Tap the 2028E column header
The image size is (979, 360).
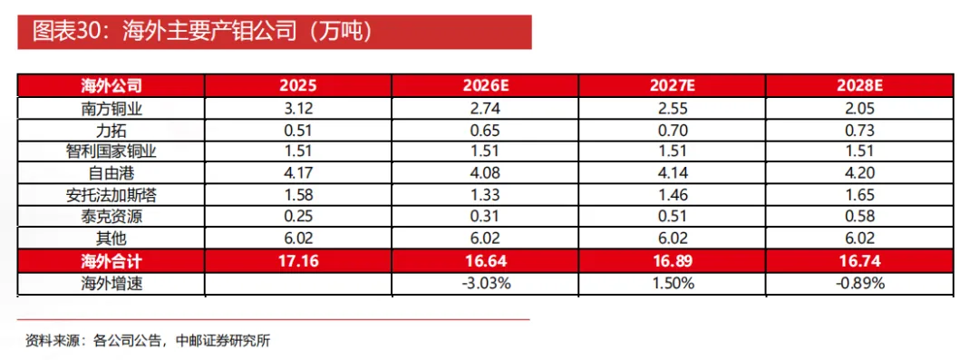tap(859, 85)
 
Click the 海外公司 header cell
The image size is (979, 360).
tap(111, 85)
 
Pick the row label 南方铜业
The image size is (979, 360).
tap(111, 108)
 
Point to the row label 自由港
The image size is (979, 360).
tap(111, 173)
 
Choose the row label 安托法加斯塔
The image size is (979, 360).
tap(111, 195)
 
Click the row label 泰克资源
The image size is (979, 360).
tap(111, 216)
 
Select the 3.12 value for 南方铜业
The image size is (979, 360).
tap(298, 109)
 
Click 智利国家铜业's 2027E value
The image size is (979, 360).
tap(673, 151)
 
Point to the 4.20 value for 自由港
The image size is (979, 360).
tap(859, 174)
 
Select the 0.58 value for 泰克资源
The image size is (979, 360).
tap(859, 217)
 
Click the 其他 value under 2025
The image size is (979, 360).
tap(298, 238)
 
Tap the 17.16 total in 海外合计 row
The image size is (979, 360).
tap(298, 261)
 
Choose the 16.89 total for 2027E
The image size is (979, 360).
tap(673, 261)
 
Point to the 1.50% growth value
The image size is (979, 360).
tap(673, 283)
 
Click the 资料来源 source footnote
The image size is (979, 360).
tap(148, 341)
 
